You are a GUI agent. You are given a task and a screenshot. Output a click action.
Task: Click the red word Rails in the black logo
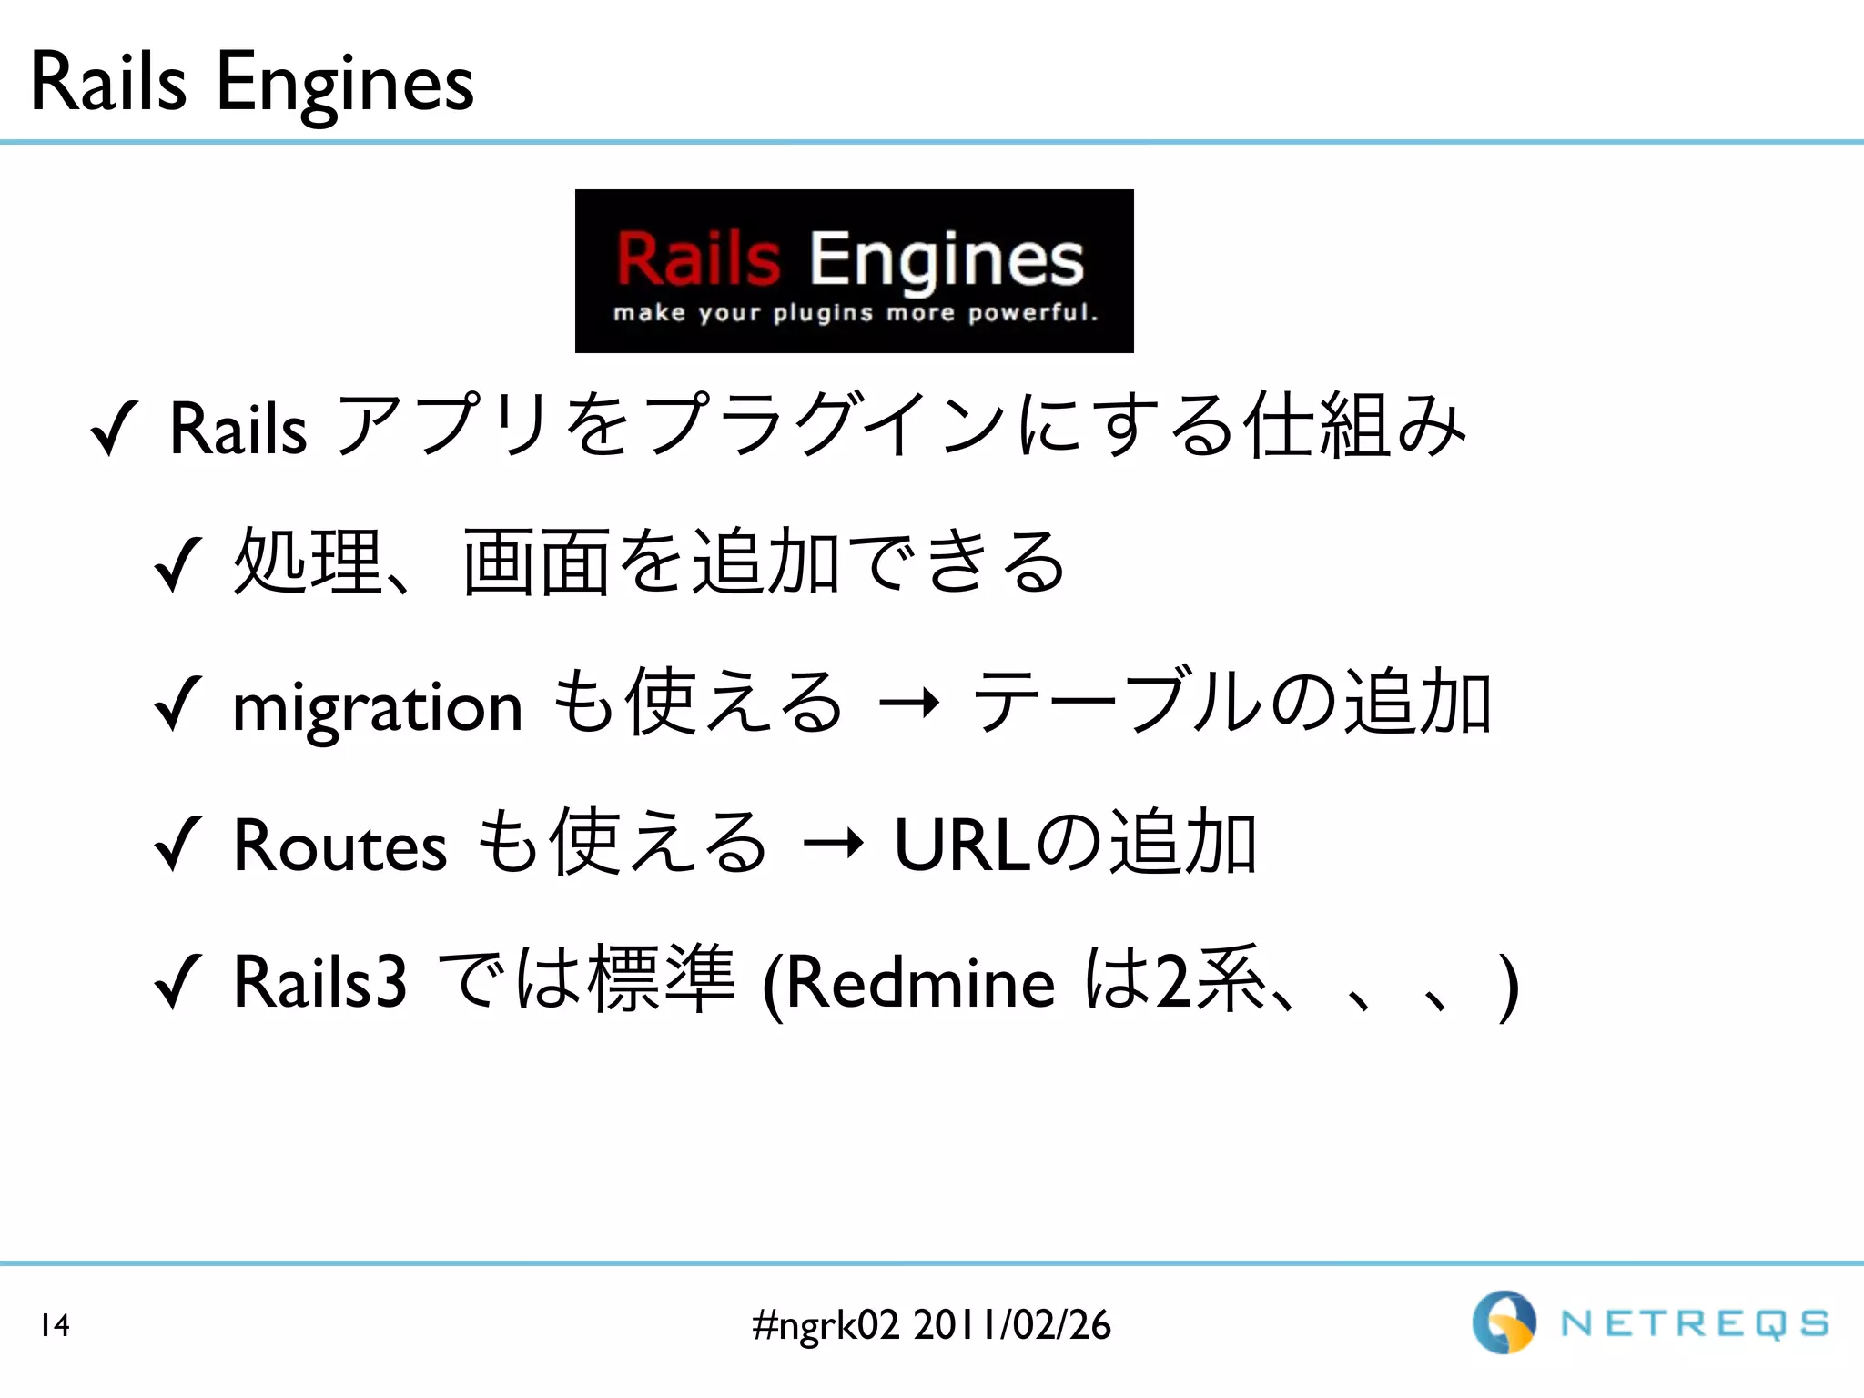click(x=698, y=258)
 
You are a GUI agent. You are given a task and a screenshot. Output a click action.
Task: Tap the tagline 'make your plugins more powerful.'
click(x=855, y=313)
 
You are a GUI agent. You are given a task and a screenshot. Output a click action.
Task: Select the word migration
click(x=378, y=707)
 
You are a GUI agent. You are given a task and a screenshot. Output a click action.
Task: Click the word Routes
click(x=339, y=846)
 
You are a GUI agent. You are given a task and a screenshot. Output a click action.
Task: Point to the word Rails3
click(x=319, y=982)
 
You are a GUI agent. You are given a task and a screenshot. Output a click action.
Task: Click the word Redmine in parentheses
click(x=919, y=984)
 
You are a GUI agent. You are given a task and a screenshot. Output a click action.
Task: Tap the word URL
click(x=963, y=846)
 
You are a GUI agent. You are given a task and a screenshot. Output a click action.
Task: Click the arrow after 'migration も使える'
click(x=907, y=704)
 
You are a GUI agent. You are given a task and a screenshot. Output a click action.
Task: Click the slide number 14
click(x=55, y=1325)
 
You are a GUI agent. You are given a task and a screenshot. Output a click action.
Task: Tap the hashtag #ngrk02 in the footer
click(x=826, y=1325)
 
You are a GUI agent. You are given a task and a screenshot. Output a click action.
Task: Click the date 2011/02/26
click(x=1011, y=1325)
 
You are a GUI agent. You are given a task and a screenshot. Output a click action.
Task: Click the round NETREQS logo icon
click(x=1504, y=1322)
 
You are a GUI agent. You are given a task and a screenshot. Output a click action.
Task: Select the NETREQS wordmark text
click(x=1694, y=1324)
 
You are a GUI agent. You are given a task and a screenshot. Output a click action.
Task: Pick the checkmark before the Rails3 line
click(x=177, y=982)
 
